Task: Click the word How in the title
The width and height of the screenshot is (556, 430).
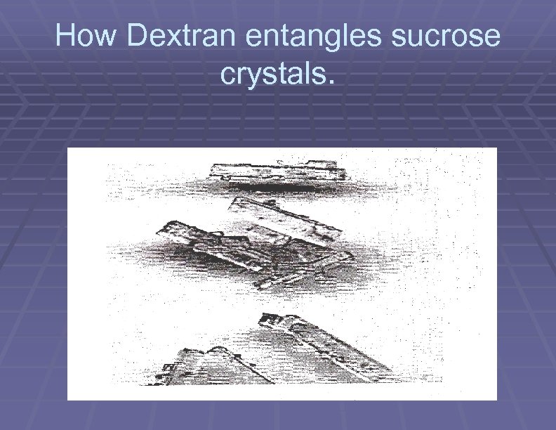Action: pyautogui.click(x=82, y=35)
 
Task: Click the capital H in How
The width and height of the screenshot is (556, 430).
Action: pyautogui.click(x=65, y=35)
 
